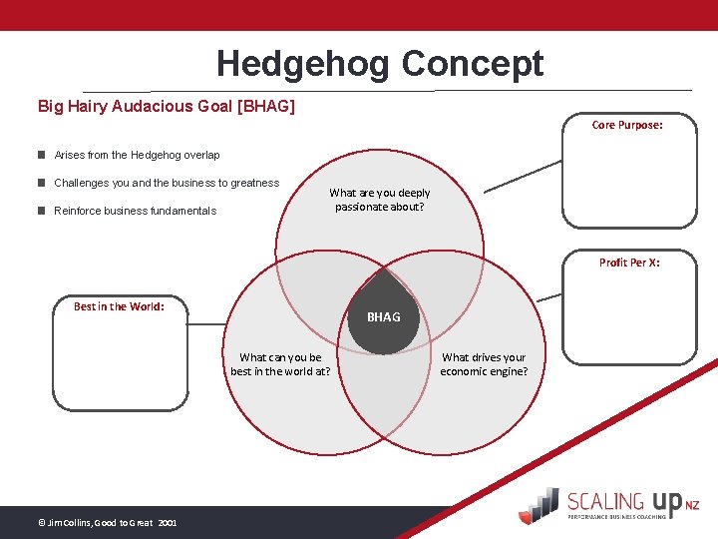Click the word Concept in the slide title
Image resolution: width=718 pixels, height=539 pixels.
coord(473,64)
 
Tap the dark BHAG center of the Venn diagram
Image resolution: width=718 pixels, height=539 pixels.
coord(384,317)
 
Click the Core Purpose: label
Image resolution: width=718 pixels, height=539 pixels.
coord(627,125)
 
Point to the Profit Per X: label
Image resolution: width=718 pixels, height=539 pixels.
coord(629,263)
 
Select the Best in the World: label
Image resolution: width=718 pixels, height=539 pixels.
coord(119,306)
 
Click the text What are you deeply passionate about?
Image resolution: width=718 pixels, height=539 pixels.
coord(380,200)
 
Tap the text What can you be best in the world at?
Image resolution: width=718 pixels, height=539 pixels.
coord(280,364)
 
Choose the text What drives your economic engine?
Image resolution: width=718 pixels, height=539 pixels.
coord(484,364)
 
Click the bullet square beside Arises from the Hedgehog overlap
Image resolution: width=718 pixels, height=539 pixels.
coord(42,155)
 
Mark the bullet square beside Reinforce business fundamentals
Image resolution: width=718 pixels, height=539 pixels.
coord(42,211)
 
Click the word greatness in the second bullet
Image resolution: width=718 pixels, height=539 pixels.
coord(254,183)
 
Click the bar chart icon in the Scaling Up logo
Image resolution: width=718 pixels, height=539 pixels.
coord(540,503)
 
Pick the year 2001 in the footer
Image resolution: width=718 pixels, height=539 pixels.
coord(167,522)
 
